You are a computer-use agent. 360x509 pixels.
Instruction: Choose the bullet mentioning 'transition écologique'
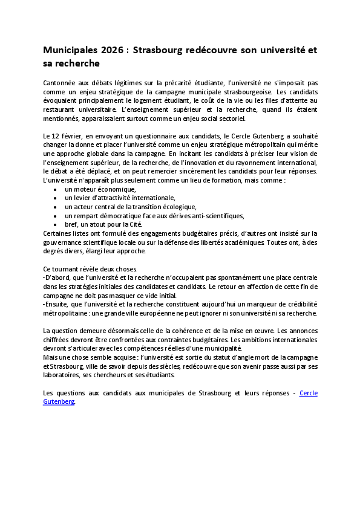coord(130,207)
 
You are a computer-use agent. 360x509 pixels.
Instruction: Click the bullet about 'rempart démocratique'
coord(154,215)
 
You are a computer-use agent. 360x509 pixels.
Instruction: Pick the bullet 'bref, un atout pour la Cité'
coord(103,224)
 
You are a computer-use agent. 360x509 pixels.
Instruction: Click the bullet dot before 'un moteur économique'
coord(55,189)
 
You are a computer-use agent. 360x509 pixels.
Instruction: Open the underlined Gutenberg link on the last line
coord(59,401)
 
